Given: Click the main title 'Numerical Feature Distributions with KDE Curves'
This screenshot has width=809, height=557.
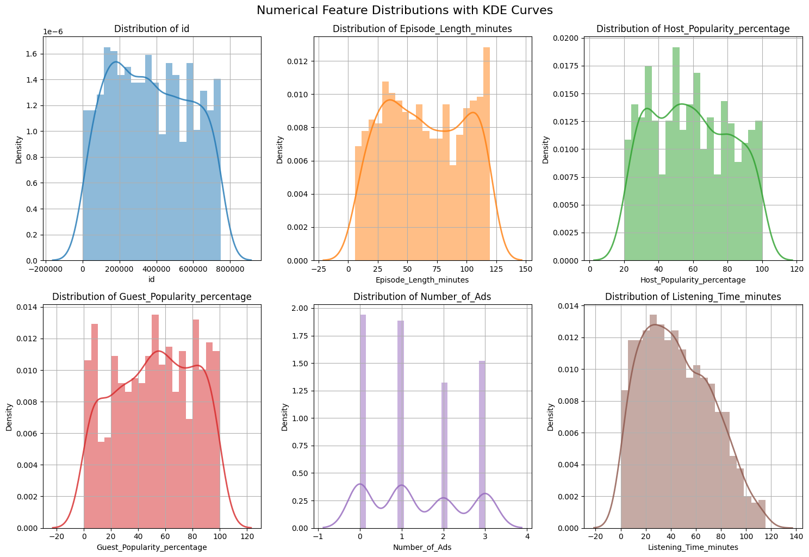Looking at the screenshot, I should tap(404, 10).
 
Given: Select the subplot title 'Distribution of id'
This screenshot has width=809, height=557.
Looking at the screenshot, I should tap(152, 29).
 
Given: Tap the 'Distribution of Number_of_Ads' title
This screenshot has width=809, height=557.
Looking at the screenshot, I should tap(422, 297).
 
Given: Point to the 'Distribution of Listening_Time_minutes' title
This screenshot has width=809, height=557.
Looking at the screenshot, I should tap(693, 297).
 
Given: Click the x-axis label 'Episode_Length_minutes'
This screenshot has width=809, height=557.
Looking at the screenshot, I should tap(422, 280).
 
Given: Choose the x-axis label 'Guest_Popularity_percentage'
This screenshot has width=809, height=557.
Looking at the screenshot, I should tap(152, 547).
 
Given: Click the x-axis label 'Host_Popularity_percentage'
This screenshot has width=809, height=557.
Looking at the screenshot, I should tap(693, 280).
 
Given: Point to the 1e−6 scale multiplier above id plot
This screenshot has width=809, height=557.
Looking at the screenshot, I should tap(53, 32).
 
